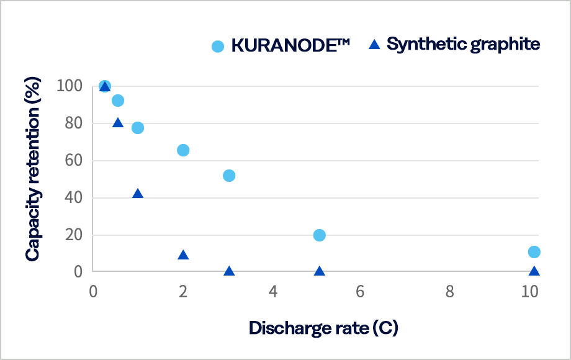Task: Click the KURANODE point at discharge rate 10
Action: click(534, 252)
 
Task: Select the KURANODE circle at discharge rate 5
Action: click(319, 235)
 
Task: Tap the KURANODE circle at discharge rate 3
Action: click(229, 176)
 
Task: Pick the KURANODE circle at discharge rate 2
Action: click(183, 150)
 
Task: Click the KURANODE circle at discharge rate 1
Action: click(138, 128)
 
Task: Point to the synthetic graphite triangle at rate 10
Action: click(534, 271)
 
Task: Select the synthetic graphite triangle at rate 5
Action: click(319, 271)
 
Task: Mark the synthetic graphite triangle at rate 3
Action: click(229, 271)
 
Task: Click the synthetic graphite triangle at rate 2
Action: click(183, 255)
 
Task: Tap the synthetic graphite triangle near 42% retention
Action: click(138, 194)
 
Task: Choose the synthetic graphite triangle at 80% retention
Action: click(118, 123)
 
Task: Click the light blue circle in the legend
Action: click(218, 46)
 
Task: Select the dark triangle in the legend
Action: click(374, 45)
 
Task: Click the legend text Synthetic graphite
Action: click(463, 45)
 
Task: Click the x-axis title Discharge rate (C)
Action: click(323, 328)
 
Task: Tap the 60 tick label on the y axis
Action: click(74, 161)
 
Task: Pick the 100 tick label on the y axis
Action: click(70, 86)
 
